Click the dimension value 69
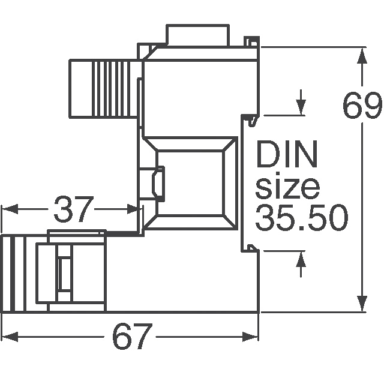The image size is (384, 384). click(362, 107)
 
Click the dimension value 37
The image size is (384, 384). click(74, 209)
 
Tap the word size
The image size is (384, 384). click(287, 187)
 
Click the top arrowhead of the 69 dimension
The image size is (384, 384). click(362, 56)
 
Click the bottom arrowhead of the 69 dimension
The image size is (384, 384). click(362, 305)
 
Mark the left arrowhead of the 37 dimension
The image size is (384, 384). click(8, 209)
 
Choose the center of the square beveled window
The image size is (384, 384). click(190, 184)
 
